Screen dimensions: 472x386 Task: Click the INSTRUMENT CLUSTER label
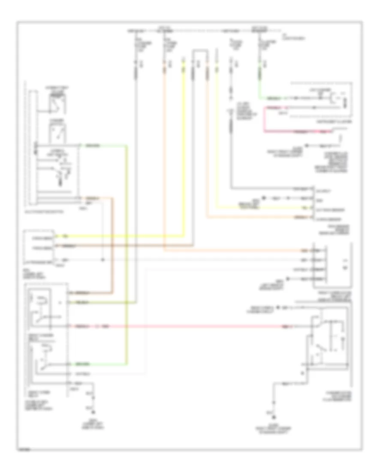click(335, 122)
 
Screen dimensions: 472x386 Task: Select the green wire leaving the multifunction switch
click(127, 257)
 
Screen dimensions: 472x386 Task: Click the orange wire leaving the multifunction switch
click(112, 245)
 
